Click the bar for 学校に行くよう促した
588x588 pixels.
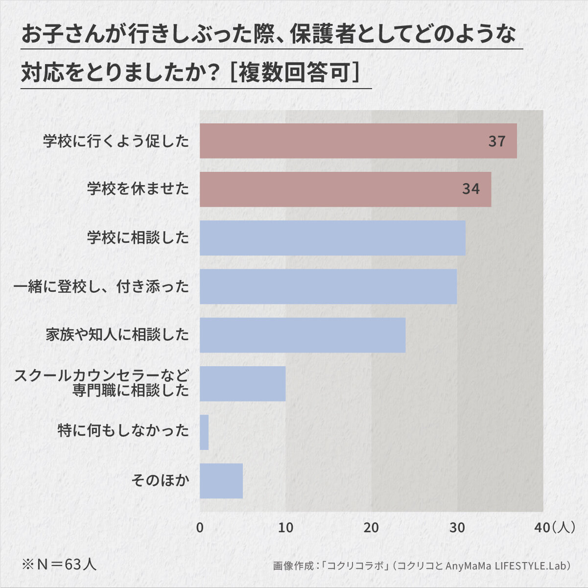pyautogui.click(x=358, y=141)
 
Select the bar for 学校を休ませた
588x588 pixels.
pyautogui.click(x=346, y=189)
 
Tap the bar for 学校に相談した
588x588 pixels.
pyautogui.click(x=332, y=238)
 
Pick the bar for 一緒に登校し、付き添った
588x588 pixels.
pyautogui.click(x=329, y=286)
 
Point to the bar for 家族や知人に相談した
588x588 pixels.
pyautogui.click(x=303, y=335)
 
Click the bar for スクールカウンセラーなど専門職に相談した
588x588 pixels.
pyautogui.click(x=242, y=383)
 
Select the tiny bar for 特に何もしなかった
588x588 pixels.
pyautogui.click(x=204, y=432)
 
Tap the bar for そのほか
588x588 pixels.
pyautogui.click(x=221, y=481)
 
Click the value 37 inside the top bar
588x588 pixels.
pyautogui.click(x=497, y=141)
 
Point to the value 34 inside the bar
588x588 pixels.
pyautogui.click(x=471, y=189)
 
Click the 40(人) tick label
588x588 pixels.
pyautogui.click(x=554, y=527)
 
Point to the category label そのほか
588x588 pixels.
pyautogui.click(x=160, y=481)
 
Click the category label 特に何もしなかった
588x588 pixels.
pyautogui.click(x=123, y=431)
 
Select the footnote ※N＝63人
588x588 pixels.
pyautogui.click(x=59, y=564)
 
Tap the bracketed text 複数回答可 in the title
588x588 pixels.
pyautogui.click(x=295, y=73)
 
